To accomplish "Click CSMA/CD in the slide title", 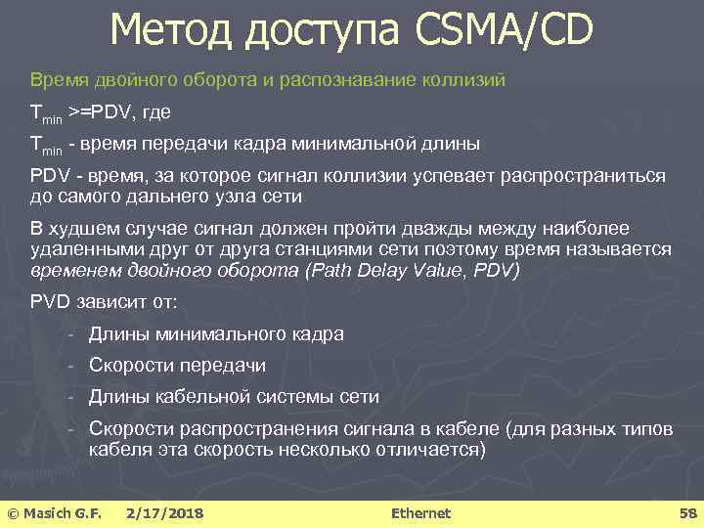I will (x=504, y=30).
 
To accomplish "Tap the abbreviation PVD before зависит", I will (x=51, y=302).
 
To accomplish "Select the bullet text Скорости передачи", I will (x=177, y=366).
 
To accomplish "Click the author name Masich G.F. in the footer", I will (x=64, y=513).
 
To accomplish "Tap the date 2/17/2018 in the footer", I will (x=164, y=513).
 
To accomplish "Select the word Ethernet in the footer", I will (x=420, y=513).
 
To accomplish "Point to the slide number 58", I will (x=686, y=513).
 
